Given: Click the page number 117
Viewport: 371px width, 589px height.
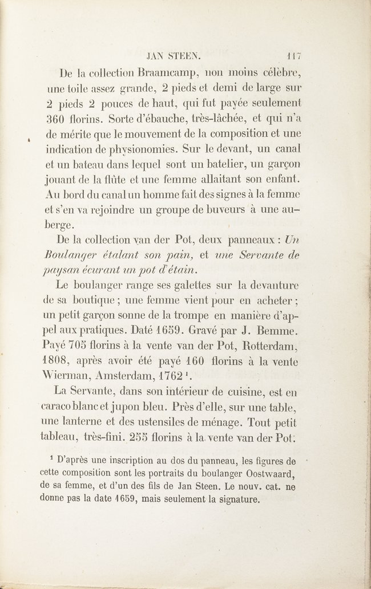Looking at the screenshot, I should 294,56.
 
